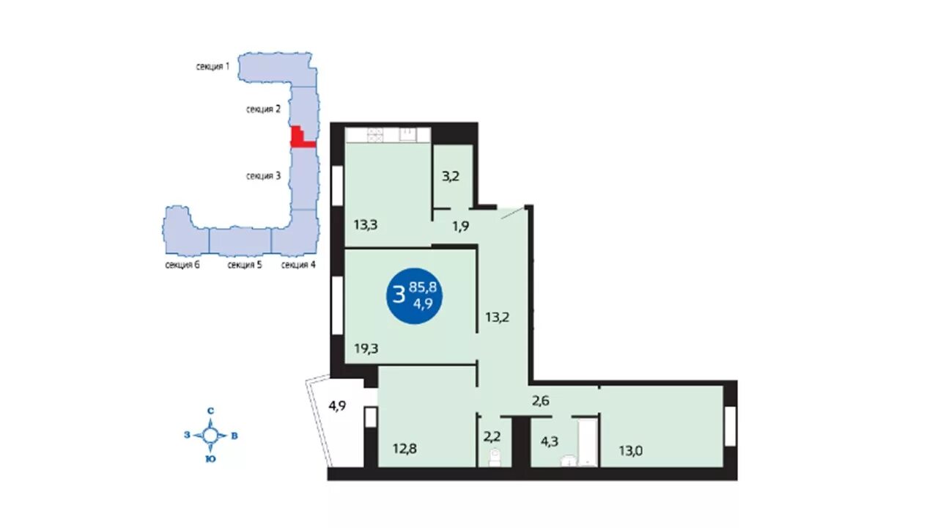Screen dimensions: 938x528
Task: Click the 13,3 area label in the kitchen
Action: (x=366, y=225)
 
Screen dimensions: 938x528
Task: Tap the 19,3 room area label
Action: (x=366, y=348)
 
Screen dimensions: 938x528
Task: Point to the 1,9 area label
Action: (x=461, y=227)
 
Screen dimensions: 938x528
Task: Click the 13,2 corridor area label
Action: (x=498, y=318)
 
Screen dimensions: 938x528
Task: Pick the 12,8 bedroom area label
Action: (x=405, y=449)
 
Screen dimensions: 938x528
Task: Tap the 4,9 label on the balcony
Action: (x=337, y=406)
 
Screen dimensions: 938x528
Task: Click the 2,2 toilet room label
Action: (x=492, y=437)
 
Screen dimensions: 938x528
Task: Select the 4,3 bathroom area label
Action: (x=549, y=441)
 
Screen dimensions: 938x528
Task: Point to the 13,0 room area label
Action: (x=631, y=451)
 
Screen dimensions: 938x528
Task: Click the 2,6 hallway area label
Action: (x=541, y=401)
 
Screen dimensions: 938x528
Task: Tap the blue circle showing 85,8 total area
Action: (x=414, y=296)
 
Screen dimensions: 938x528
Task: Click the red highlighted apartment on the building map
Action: (x=300, y=139)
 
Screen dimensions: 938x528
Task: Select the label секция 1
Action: (x=213, y=66)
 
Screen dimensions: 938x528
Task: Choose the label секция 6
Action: (x=182, y=265)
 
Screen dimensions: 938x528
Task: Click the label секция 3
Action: (x=263, y=176)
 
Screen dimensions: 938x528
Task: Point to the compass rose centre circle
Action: (x=210, y=436)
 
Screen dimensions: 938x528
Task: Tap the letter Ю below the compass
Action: (x=210, y=459)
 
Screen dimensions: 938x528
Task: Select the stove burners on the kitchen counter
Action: (x=374, y=135)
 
